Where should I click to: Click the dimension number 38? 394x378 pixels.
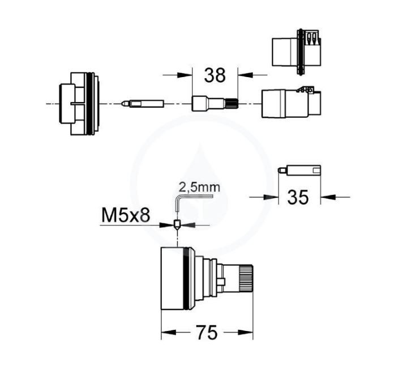[x=215, y=75]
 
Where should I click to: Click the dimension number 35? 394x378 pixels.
[x=298, y=197]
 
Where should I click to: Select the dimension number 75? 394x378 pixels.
[x=207, y=333]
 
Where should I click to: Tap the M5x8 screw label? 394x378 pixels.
[x=126, y=215]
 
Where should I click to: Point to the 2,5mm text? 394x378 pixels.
[x=199, y=188]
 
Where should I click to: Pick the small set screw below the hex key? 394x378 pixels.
[x=177, y=224]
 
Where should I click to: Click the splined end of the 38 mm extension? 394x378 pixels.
[x=232, y=104]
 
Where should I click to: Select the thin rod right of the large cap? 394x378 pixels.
[x=143, y=104]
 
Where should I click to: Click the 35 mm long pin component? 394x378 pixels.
[x=299, y=170]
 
